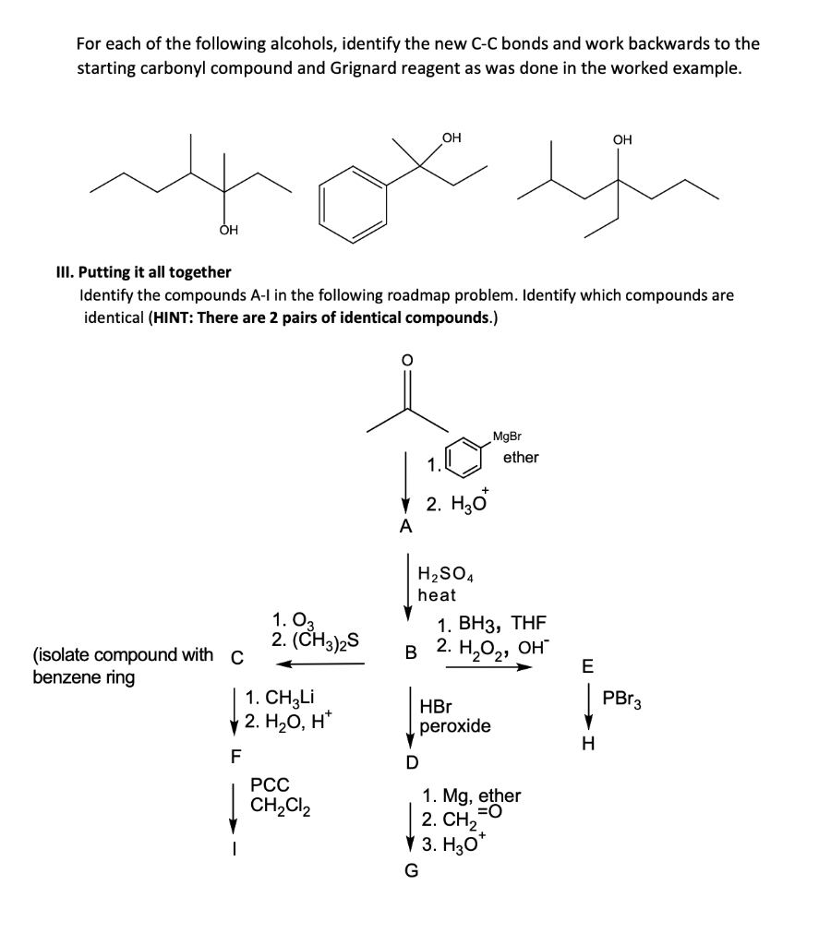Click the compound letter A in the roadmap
click(403, 528)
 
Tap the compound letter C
click(237, 657)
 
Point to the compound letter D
click(412, 762)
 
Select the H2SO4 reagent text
click(445, 576)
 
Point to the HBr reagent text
click(436, 708)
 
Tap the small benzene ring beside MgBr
click(462, 457)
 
